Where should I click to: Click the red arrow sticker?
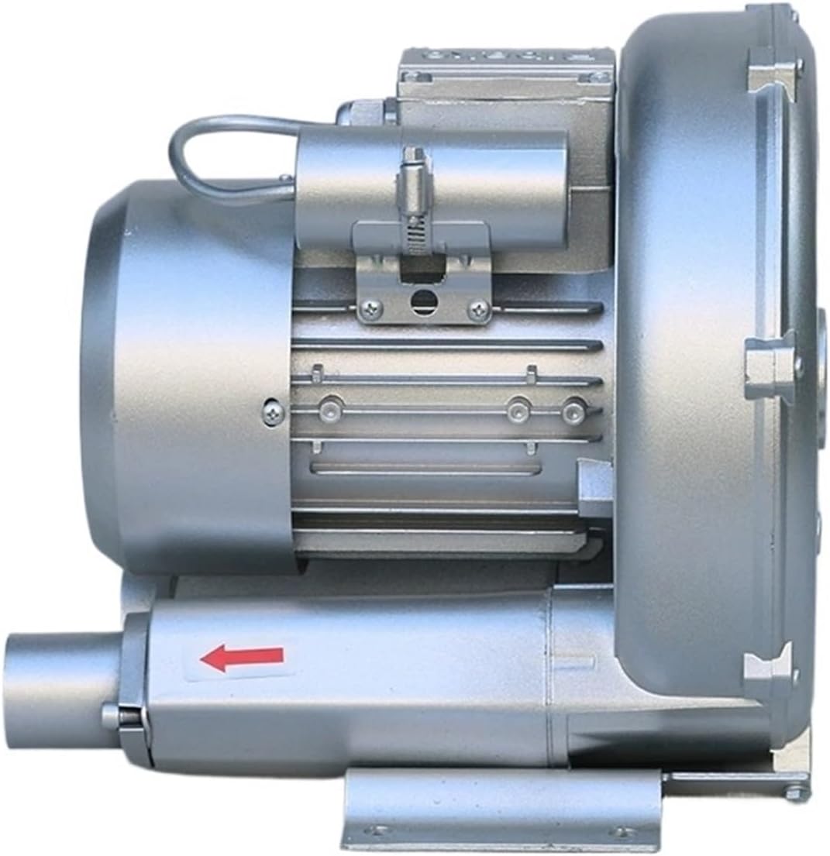[242, 658]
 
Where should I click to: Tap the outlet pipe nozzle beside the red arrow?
[62, 689]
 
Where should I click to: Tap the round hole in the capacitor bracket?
[423, 301]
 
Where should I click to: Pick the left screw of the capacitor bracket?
[370, 310]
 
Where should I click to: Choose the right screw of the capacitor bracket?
[478, 311]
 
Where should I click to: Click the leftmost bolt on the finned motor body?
[331, 407]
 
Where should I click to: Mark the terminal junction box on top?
[508, 85]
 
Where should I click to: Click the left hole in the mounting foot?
[377, 831]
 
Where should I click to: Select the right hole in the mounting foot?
[622, 832]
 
